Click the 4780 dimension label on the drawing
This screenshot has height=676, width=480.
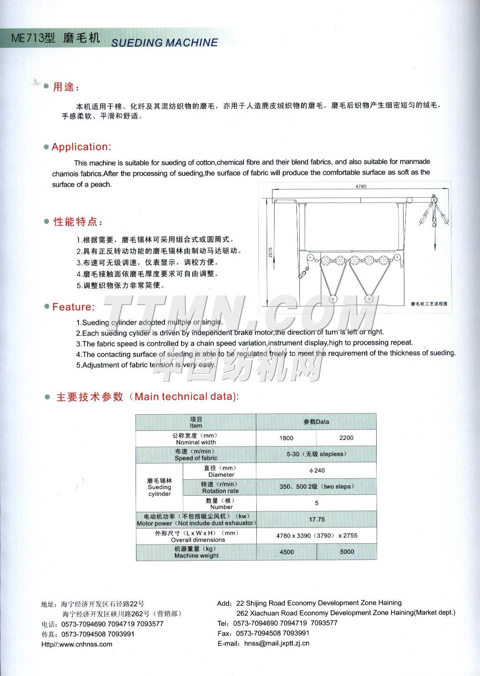pyautogui.click(x=361, y=186)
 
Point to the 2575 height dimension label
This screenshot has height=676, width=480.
pyautogui.click(x=270, y=253)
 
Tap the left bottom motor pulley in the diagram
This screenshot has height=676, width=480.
pyautogui.click(x=333, y=299)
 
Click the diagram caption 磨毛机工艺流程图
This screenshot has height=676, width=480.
pyautogui.click(x=429, y=303)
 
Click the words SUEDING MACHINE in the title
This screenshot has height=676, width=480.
pyautogui.click(x=165, y=43)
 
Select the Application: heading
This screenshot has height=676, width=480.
pyautogui.click(x=81, y=147)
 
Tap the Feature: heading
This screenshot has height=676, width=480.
pyautogui.click(x=73, y=307)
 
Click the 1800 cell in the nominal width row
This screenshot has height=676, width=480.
pyautogui.click(x=286, y=438)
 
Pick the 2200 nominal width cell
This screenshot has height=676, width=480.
pyautogui.click(x=346, y=438)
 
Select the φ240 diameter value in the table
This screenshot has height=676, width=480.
pyautogui.click(x=317, y=470)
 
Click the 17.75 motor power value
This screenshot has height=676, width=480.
pyautogui.click(x=317, y=519)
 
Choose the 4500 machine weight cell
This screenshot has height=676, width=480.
pyautogui.click(x=287, y=552)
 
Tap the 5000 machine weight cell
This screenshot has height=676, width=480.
pyautogui.click(x=347, y=552)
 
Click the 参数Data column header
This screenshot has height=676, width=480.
pyautogui.click(x=316, y=422)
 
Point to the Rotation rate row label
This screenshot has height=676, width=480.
pyautogui.click(x=220, y=491)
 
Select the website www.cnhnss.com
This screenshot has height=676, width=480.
pyautogui.click(x=86, y=644)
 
